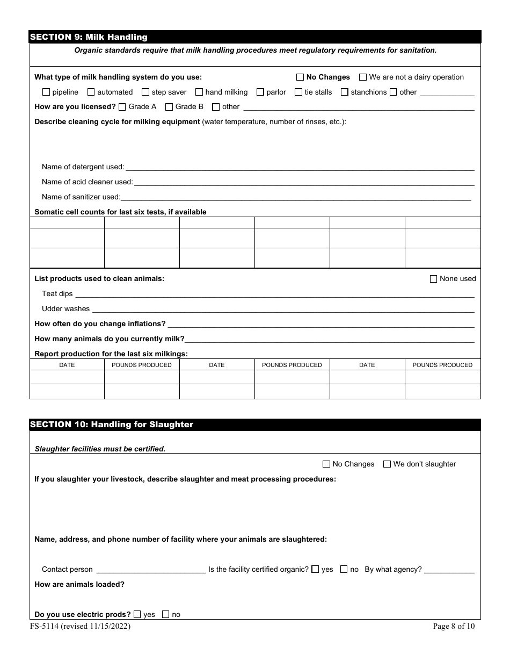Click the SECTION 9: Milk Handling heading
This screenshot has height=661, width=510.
[89, 37]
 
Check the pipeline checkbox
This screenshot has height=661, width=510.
[46, 92]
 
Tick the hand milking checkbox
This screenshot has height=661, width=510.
[199, 92]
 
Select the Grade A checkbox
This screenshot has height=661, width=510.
[122, 106]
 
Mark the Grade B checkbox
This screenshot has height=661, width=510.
[169, 106]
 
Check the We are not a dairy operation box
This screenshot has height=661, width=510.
[363, 77]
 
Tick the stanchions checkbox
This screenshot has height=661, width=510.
[345, 92]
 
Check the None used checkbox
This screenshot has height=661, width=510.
[434, 279]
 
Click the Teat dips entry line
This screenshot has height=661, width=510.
[274, 294]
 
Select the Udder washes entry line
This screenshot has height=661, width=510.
[283, 309]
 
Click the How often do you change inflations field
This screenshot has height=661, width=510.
[321, 324]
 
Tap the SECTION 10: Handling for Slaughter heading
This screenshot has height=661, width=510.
[111, 425]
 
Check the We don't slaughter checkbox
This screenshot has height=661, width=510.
[387, 464]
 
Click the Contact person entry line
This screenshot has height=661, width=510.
[150, 570]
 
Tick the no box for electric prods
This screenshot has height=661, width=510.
[166, 614]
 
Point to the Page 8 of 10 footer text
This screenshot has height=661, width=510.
[454, 626]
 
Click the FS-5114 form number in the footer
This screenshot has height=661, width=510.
[80, 626]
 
